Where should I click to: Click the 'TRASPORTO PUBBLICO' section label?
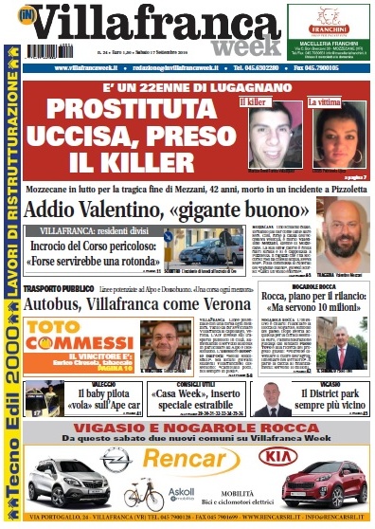tap(58, 287)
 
